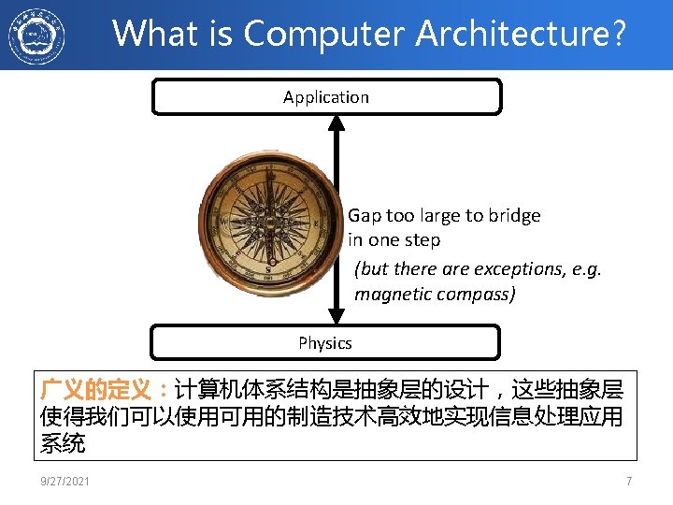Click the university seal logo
(36, 36)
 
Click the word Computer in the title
(325, 34)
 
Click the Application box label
(326, 97)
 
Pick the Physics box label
(325, 343)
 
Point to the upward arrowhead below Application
(336, 123)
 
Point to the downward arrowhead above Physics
(336, 315)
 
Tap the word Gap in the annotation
(365, 216)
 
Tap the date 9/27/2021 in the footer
(65, 482)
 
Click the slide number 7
(629, 482)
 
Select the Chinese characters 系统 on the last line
(63, 443)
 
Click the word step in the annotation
(422, 240)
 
